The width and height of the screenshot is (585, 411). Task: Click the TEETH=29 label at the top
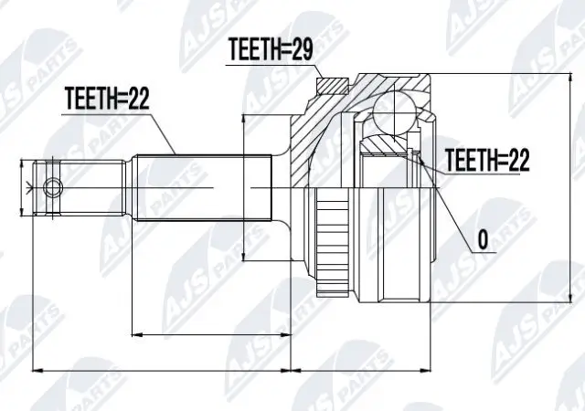click(270, 51)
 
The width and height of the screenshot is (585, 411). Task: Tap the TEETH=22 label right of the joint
click(487, 162)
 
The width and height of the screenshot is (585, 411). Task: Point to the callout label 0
click(482, 242)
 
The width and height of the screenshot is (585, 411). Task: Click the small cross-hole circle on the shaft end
click(54, 188)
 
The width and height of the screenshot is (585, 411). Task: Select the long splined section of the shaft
click(206, 188)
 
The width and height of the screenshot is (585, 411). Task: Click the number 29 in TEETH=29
click(301, 51)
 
